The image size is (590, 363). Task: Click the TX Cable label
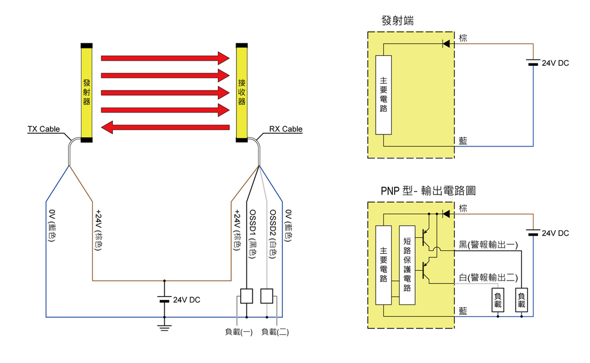tap(44, 129)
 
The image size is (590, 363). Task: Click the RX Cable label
tap(285, 129)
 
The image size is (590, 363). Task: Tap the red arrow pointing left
tap(165, 127)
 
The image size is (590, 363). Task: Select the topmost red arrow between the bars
tap(165, 58)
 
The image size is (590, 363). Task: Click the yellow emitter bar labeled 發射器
tap(87, 92)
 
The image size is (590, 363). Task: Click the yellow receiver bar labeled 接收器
tap(242, 92)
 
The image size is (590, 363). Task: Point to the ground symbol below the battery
tap(164, 327)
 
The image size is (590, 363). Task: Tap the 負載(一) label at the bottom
tap(239, 332)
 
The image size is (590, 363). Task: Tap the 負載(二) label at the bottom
tap(275, 332)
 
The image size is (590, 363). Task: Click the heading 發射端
tap(398, 21)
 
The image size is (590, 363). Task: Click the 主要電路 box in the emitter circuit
tap(384, 95)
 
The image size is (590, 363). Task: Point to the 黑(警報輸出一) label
tap(488, 245)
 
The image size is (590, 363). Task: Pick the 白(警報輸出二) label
tap(488, 277)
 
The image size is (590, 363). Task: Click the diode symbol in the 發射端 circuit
tap(445, 43)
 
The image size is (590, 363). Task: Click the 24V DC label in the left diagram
tap(187, 300)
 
